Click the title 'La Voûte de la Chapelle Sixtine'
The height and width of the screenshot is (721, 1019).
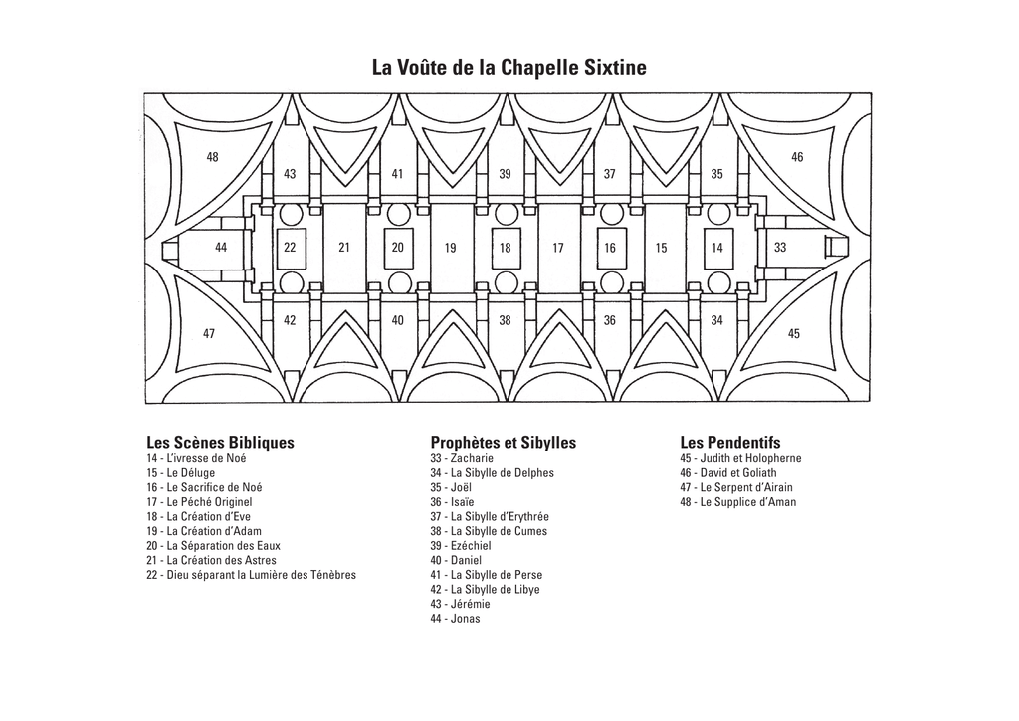509,67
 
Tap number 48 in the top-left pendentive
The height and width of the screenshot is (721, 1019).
213,157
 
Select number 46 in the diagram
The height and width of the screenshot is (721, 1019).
797,157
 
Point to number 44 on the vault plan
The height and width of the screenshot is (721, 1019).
221,248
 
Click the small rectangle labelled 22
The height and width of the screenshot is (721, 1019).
290,248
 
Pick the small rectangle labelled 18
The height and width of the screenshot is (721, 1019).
506,248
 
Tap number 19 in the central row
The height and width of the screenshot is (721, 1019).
451,248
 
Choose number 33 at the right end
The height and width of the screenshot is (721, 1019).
780,248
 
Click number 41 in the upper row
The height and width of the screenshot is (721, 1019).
397,174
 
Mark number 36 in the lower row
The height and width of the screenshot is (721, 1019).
610,321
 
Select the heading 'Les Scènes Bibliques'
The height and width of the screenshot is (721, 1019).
220,443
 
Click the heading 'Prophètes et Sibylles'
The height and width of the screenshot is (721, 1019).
503,443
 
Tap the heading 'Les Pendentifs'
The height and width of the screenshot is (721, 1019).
730,443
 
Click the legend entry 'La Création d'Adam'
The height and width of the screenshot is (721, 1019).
204,531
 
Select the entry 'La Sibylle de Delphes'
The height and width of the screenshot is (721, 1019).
492,472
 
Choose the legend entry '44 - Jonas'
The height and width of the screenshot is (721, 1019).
455,619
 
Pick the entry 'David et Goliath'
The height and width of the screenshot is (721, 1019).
728,472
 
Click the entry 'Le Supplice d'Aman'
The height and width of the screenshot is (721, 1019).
738,502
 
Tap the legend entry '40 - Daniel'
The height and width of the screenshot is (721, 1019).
456,560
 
